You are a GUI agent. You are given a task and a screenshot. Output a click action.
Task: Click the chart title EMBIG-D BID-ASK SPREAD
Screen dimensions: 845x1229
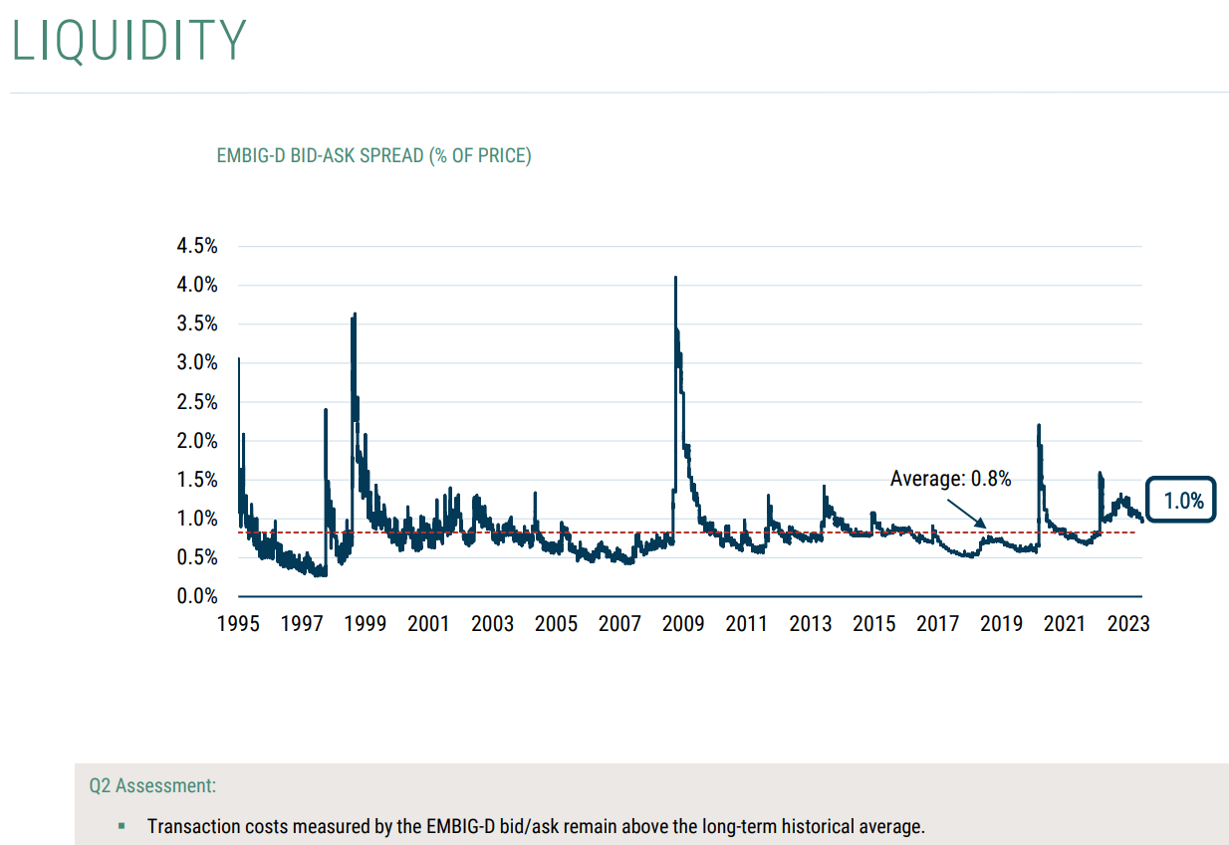pos(373,156)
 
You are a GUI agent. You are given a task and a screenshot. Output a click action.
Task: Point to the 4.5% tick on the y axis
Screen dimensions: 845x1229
pos(196,246)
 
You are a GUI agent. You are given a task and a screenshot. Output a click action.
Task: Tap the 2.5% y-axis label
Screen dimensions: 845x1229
pos(196,402)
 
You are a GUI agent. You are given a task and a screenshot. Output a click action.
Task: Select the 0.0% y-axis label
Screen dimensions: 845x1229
pos(196,596)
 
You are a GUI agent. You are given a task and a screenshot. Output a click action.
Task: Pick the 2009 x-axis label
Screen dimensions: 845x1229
pos(683,624)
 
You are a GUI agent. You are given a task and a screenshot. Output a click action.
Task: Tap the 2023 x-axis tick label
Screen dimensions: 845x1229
pos(1128,624)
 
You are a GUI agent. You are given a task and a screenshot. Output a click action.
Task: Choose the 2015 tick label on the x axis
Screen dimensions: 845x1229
pos(874,624)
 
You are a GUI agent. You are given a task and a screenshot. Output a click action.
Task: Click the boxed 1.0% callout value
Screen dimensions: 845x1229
pos(1183,501)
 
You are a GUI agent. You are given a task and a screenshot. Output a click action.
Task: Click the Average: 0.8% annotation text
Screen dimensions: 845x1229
pos(950,479)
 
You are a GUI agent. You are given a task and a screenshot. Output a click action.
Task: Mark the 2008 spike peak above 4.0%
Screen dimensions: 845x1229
pos(675,279)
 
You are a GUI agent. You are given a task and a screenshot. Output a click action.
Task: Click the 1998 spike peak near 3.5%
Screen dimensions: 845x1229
pos(354,316)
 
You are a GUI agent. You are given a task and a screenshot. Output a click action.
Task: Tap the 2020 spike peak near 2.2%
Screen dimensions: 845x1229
pos(1039,426)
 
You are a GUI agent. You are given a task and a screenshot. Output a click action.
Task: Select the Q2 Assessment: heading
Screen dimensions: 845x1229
pos(152,785)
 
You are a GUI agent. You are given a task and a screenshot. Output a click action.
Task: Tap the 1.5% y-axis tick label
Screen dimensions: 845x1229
pos(196,480)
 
